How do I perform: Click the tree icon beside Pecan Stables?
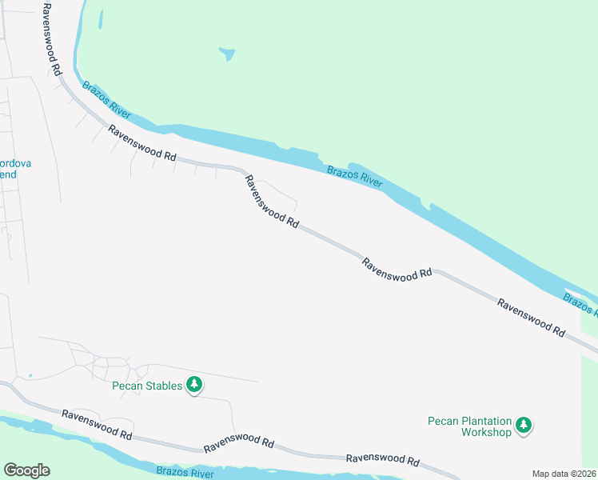pos(193,386)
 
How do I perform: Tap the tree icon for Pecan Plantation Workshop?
pos(524,425)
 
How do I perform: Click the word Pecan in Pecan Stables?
pos(127,386)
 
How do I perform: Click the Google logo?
pos(26,470)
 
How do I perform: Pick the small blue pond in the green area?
pos(228,54)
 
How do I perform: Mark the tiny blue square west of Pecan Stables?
pos(30,375)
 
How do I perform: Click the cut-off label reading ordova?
pos(15,163)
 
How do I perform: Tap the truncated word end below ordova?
pos(7,174)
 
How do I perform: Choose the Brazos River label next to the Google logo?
pos(185,474)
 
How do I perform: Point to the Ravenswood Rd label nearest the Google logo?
pos(97,425)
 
